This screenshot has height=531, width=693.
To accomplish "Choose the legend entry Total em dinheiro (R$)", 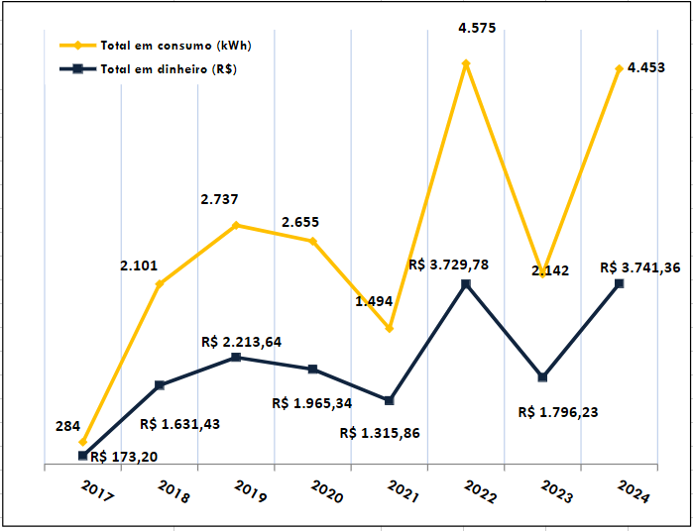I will coord(168,69).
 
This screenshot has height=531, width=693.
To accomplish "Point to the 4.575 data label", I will coord(478,29).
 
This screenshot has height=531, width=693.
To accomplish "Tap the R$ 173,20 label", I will coord(123,457).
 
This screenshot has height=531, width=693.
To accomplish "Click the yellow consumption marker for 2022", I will coord(466,63).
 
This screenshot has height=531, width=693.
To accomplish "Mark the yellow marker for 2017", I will coord(83,442).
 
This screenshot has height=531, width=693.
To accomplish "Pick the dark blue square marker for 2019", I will coord(236,357).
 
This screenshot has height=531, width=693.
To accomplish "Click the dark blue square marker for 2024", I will coord(620,284).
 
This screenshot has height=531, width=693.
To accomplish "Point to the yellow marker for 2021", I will coord(390,328).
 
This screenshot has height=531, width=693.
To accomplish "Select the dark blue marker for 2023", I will coord(543,377).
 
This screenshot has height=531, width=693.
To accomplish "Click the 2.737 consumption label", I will coord(219,199).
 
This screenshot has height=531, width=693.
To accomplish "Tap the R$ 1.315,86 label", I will coord(379,433).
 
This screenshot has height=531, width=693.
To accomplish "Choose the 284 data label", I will coord(67,426).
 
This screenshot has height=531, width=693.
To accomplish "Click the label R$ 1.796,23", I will coord(558,412).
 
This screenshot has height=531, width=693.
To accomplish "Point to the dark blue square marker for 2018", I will coord(160,385).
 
